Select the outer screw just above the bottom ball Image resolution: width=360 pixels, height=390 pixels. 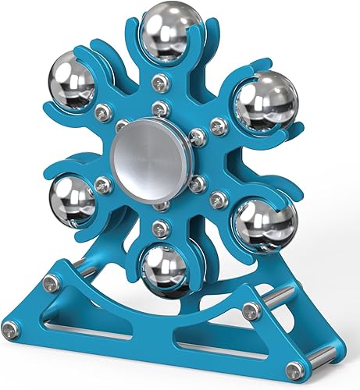160,229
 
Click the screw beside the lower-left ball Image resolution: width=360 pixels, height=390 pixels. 102,185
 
